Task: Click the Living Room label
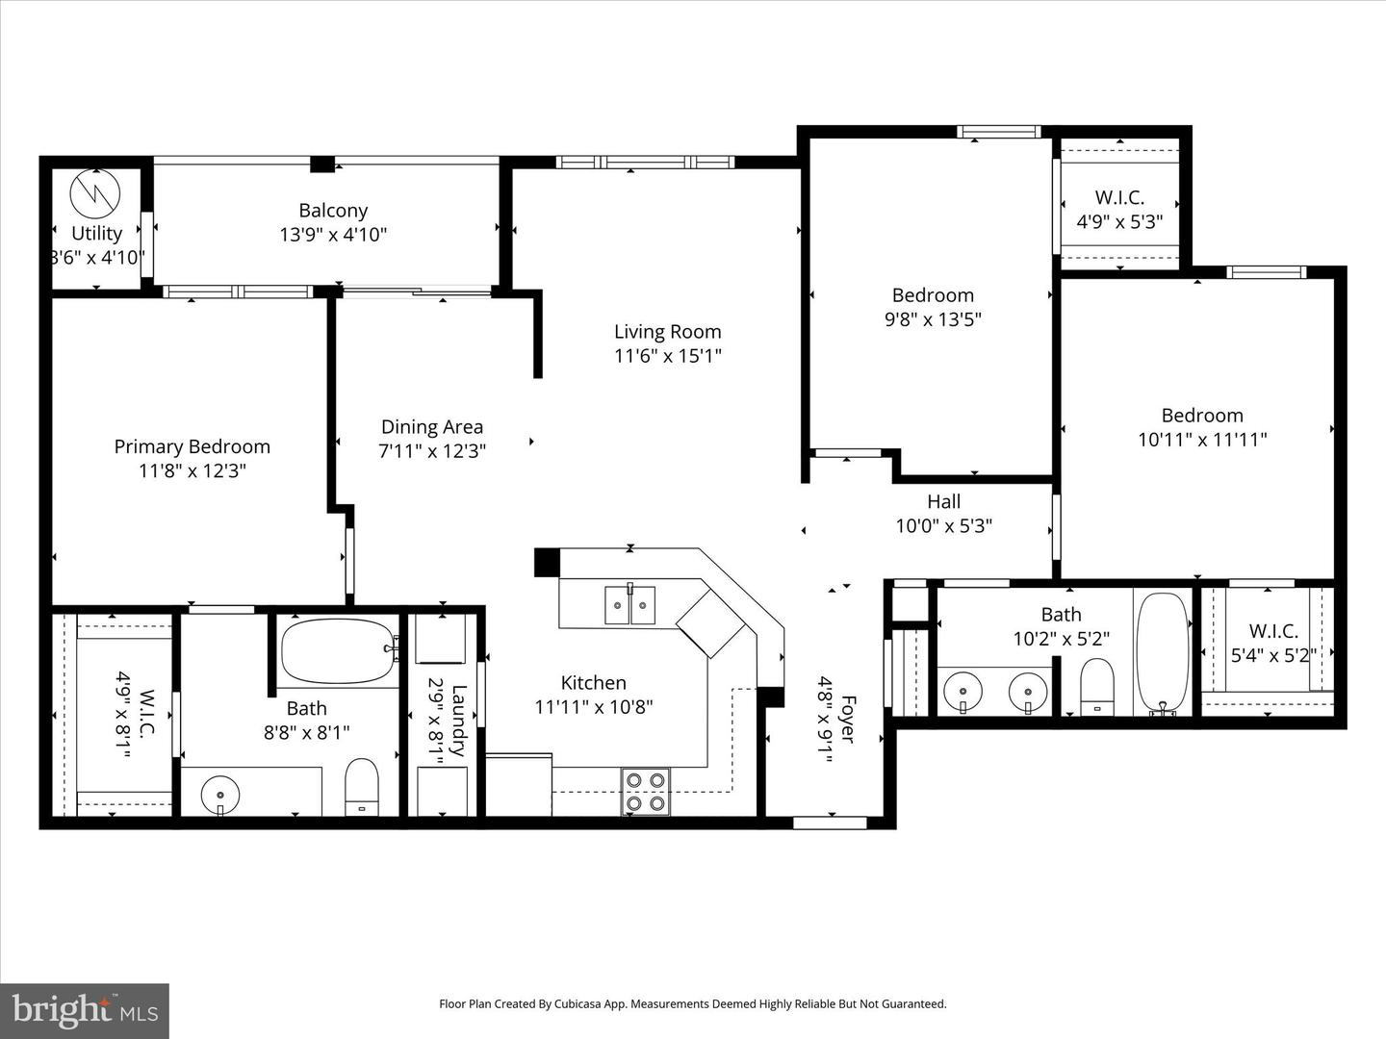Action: coord(667,332)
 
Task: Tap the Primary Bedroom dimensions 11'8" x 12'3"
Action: coord(192,470)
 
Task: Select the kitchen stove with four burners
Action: coord(645,792)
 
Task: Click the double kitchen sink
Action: coord(629,605)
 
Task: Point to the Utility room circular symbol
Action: coord(96,193)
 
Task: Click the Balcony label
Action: coord(333,211)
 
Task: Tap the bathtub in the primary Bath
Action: coord(338,650)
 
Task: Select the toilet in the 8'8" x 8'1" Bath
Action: coord(362,786)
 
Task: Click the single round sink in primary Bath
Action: coord(220,796)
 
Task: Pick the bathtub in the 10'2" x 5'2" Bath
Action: coord(1164,652)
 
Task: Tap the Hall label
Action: coord(943,501)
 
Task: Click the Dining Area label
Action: coord(432,427)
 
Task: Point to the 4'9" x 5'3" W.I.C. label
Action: coord(1119,198)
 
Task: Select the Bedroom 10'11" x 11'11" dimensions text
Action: coord(1202,440)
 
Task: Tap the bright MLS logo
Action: coord(85,1010)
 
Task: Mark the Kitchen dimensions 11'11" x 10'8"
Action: coord(594,707)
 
